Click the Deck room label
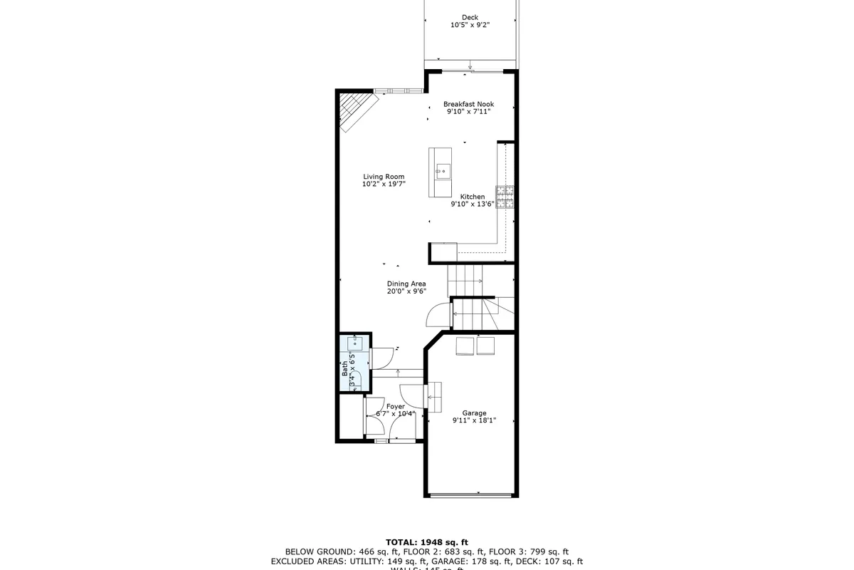[470, 18]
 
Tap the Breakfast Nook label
[468, 104]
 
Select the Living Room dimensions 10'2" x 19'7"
[384, 185]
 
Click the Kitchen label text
[473, 197]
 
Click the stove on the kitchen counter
[505, 197]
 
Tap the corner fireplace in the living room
[352, 110]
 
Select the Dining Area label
[406, 284]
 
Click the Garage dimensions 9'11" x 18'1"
[474, 420]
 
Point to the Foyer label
[396, 406]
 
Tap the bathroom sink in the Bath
[354, 343]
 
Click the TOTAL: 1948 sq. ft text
[426, 542]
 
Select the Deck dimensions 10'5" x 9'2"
[470, 25]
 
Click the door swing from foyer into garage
[413, 396]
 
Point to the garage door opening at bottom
[471, 494]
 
